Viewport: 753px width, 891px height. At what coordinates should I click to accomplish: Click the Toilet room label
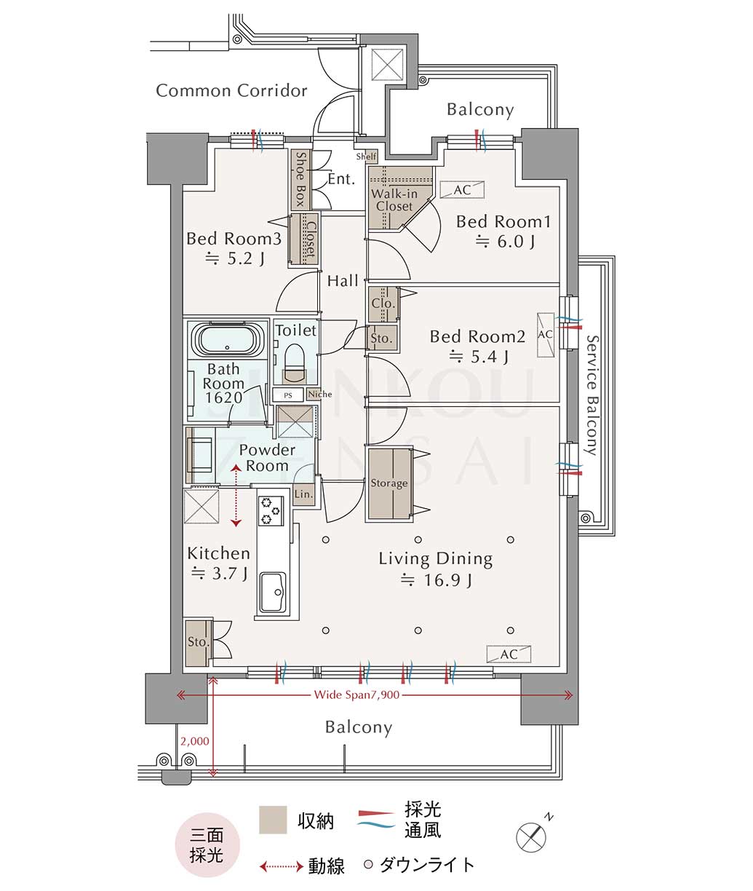coord(296,330)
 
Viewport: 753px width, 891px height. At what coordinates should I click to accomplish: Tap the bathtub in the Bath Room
coord(226,338)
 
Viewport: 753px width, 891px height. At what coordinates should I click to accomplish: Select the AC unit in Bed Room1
coord(462,190)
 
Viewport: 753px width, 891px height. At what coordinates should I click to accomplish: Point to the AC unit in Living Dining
coord(509,654)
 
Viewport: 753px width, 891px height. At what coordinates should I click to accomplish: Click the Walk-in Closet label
coord(394,200)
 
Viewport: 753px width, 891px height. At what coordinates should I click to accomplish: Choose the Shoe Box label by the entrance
coord(300,180)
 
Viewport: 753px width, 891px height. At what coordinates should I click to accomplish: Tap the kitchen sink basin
coord(273,591)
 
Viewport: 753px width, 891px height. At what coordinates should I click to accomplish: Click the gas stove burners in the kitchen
coord(271,511)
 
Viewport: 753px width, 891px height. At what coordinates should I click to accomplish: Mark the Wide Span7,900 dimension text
coord(356,694)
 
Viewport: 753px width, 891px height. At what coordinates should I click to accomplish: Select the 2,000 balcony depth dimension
coord(195,741)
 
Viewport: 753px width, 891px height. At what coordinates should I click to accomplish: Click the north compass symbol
coord(533,836)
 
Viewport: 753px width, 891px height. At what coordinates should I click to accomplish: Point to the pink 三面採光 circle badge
coord(207,844)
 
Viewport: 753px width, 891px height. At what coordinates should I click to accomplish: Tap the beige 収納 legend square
coord(273,820)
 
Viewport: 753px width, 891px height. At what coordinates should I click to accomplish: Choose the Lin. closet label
coord(303,494)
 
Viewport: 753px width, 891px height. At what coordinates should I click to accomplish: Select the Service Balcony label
coord(593,395)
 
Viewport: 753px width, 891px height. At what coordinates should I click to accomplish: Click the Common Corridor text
coord(231,90)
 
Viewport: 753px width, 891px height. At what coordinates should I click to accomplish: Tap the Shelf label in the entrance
coord(366,157)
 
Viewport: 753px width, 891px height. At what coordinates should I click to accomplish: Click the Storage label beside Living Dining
coord(389,483)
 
